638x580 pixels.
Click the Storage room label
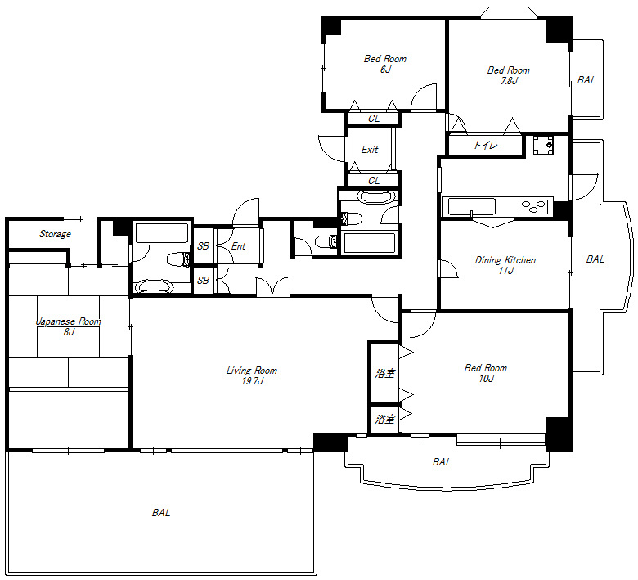tap(55, 234)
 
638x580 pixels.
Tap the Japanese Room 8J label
tap(69, 327)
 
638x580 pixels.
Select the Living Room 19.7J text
tap(251, 375)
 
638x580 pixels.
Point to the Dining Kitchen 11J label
tap(505, 265)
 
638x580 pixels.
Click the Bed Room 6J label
tap(385, 64)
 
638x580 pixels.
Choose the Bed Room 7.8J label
tap(509, 75)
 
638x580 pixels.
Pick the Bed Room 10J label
tap(486, 373)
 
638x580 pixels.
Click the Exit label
tap(370, 150)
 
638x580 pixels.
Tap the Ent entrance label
tap(239, 246)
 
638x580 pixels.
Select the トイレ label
tap(485, 145)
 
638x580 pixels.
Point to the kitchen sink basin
tap(472, 206)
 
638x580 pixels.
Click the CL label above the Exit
tap(374, 119)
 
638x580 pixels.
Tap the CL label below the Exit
tap(374, 180)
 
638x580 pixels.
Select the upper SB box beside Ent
tap(203, 246)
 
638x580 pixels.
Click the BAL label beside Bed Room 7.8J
tap(586, 80)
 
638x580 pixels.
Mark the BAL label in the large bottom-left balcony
tap(161, 513)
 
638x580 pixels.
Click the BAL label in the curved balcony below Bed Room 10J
tap(442, 462)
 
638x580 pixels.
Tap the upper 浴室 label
tap(385, 373)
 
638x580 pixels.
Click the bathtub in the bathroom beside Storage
tap(162, 233)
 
